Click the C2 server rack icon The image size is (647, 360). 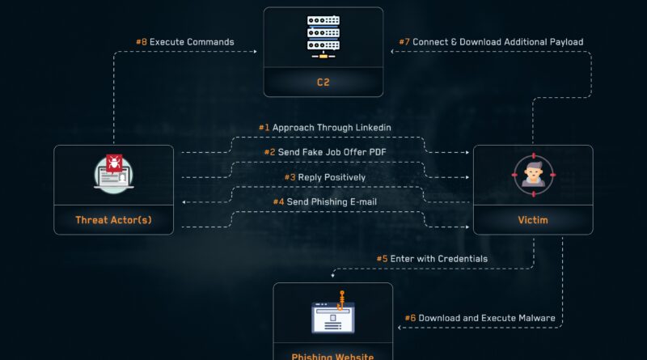click(323, 36)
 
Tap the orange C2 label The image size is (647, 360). click(323, 83)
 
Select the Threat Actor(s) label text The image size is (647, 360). click(113, 220)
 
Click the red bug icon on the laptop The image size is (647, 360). click(114, 163)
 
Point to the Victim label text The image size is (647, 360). click(533, 220)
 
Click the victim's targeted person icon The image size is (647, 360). click(534, 175)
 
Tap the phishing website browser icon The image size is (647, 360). click(333, 317)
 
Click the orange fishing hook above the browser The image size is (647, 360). click(340, 300)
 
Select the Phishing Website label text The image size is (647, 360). click(332, 356)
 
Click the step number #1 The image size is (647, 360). click(264, 128)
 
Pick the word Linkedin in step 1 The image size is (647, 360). click(373, 128)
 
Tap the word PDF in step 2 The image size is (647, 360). click(378, 152)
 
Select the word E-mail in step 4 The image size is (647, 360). click(363, 202)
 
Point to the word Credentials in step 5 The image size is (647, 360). click(462, 259)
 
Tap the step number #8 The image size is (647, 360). click(142, 42)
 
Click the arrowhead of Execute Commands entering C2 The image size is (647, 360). click(256, 52)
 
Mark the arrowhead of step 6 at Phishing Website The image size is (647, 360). click(400, 328)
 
